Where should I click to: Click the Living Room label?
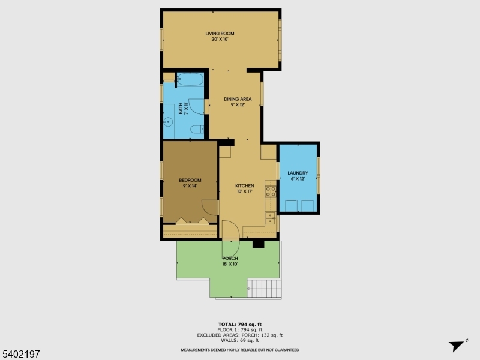[x=220, y=36]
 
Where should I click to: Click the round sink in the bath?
[x=169, y=122]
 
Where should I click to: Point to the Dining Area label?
[x=238, y=101]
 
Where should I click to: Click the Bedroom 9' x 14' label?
[x=190, y=182]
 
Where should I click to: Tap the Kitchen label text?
[x=245, y=188]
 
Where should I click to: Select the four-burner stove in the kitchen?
[x=271, y=192]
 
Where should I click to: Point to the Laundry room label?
[x=298, y=176]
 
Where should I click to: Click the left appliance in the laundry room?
[x=291, y=206]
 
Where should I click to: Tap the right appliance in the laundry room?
[x=308, y=206]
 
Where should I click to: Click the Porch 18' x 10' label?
[x=230, y=261]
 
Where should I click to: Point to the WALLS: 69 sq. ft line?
[x=239, y=340]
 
